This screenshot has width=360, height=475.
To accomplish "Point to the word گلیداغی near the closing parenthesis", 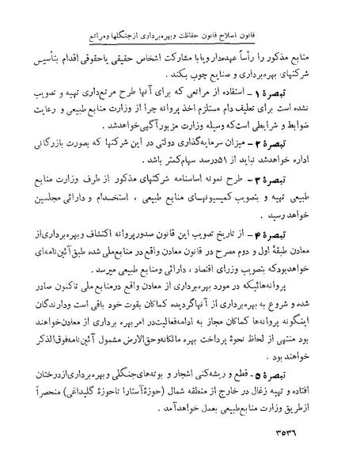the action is click(x=89, y=414).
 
